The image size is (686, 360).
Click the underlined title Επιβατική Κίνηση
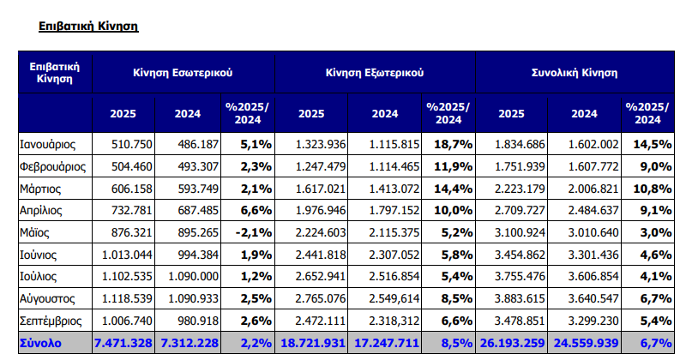tap(89, 27)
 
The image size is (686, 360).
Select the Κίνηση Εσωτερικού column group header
tap(183, 73)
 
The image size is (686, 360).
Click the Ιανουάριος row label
tap(49, 143)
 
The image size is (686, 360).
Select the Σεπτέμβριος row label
tap(53, 321)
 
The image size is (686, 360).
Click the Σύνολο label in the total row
tap(39, 344)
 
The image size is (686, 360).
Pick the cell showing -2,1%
tap(252, 232)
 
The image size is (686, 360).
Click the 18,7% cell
tap(453, 143)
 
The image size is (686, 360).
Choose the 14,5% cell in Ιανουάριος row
tap(653, 143)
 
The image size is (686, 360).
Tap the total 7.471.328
tap(122, 344)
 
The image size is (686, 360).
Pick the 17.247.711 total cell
tap(389, 344)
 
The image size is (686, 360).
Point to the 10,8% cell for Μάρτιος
tap(653, 188)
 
